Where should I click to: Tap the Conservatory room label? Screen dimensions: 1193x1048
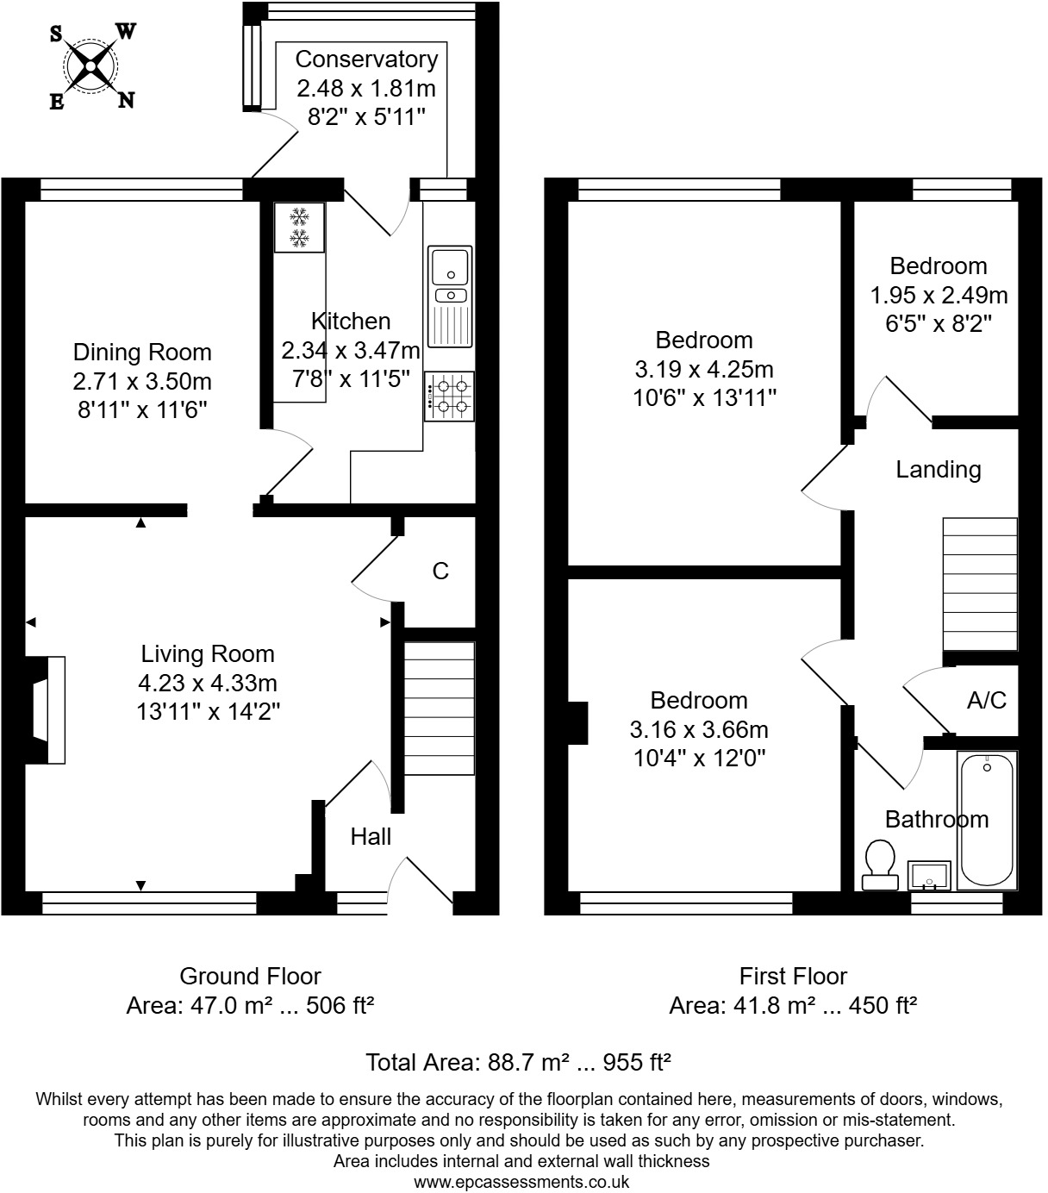pyautogui.click(x=366, y=59)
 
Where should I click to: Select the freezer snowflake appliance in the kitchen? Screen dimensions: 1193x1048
pyautogui.click(x=299, y=228)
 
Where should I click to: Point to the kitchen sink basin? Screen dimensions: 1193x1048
pyautogui.click(x=450, y=265)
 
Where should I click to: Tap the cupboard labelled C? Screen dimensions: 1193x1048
pyautogui.click(x=440, y=571)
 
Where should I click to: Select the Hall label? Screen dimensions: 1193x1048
pyautogui.click(x=371, y=836)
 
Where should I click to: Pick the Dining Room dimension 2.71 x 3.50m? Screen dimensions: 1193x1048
pyautogui.click(x=142, y=381)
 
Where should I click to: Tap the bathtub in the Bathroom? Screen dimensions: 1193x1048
pyautogui.click(x=987, y=820)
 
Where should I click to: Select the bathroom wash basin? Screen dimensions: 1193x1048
pyautogui.click(x=929, y=874)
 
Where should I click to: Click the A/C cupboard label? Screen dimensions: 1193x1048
pyautogui.click(x=987, y=700)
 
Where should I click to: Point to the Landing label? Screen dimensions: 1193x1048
pyautogui.click(x=938, y=470)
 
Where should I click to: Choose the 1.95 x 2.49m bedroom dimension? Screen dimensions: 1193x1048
pyautogui.click(x=939, y=296)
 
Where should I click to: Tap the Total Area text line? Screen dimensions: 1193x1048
pyautogui.click(x=518, y=1062)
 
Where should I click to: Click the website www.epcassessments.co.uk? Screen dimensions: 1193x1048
pyautogui.click(x=521, y=1182)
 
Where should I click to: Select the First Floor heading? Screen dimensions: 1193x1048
pyautogui.click(x=793, y=976)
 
